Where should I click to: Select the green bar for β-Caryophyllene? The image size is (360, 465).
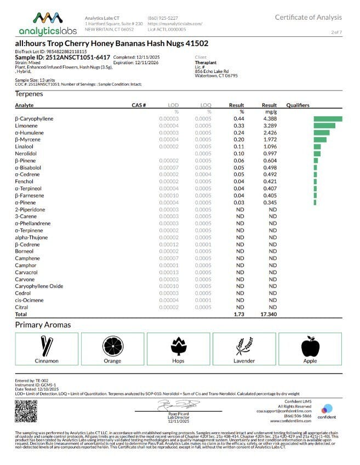pyautogui.click(x=328, y=118)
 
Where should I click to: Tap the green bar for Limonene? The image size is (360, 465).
pyautogui.click(x=324, y=126)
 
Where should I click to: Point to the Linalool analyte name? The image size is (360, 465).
pyautogui.click(x=25, y=146)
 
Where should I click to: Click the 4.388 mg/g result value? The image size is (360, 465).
pyautogui.click(x=269, y=118)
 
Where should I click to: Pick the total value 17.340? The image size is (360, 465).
pyautogui.click(x=269, y=315)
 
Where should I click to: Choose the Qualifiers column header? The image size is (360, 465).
pyautogui.click(x=298, y=105)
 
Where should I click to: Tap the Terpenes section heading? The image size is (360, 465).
pyautogui.click(x=29, y=94)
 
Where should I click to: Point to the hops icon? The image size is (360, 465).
pyautogui.click(x=179, y=346)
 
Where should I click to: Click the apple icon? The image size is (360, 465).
pyautogui.click(x=310, y=346)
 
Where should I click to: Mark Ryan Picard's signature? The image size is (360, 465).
pyautogui.click(x=170, y=405)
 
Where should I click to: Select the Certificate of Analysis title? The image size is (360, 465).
pyautogui.click(x=308, y=18)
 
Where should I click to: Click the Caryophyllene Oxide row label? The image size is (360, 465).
pyautogui.click(x=39, y=286)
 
